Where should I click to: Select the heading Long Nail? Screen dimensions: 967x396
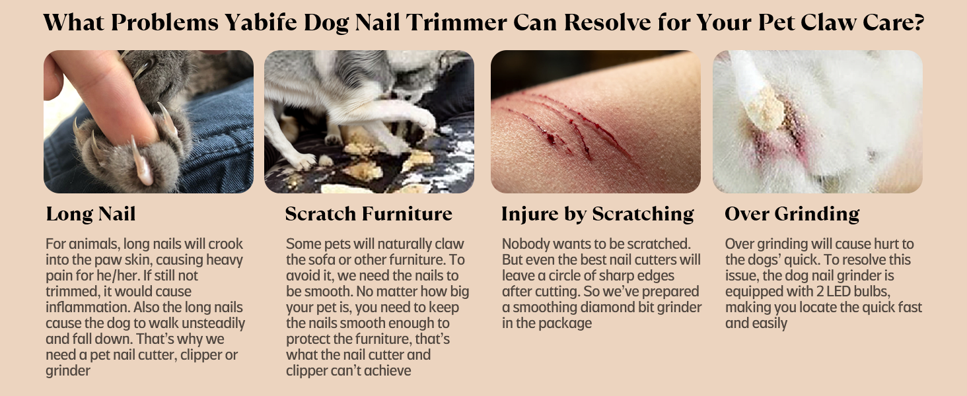point(90,214)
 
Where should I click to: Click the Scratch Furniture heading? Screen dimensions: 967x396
point(369,214)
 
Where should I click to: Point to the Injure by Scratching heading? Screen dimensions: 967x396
point(598,214)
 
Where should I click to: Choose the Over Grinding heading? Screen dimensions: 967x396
point(792,214)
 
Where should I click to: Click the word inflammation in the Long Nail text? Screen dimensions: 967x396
point(88,307)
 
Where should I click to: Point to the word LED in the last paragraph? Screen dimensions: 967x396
point(838,292)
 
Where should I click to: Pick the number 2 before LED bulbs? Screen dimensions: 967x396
point(820,292)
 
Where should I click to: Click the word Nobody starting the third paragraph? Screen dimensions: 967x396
point(525,244)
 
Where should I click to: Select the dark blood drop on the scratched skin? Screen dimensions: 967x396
point(551,139)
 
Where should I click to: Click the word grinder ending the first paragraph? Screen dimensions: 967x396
point(68,370)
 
